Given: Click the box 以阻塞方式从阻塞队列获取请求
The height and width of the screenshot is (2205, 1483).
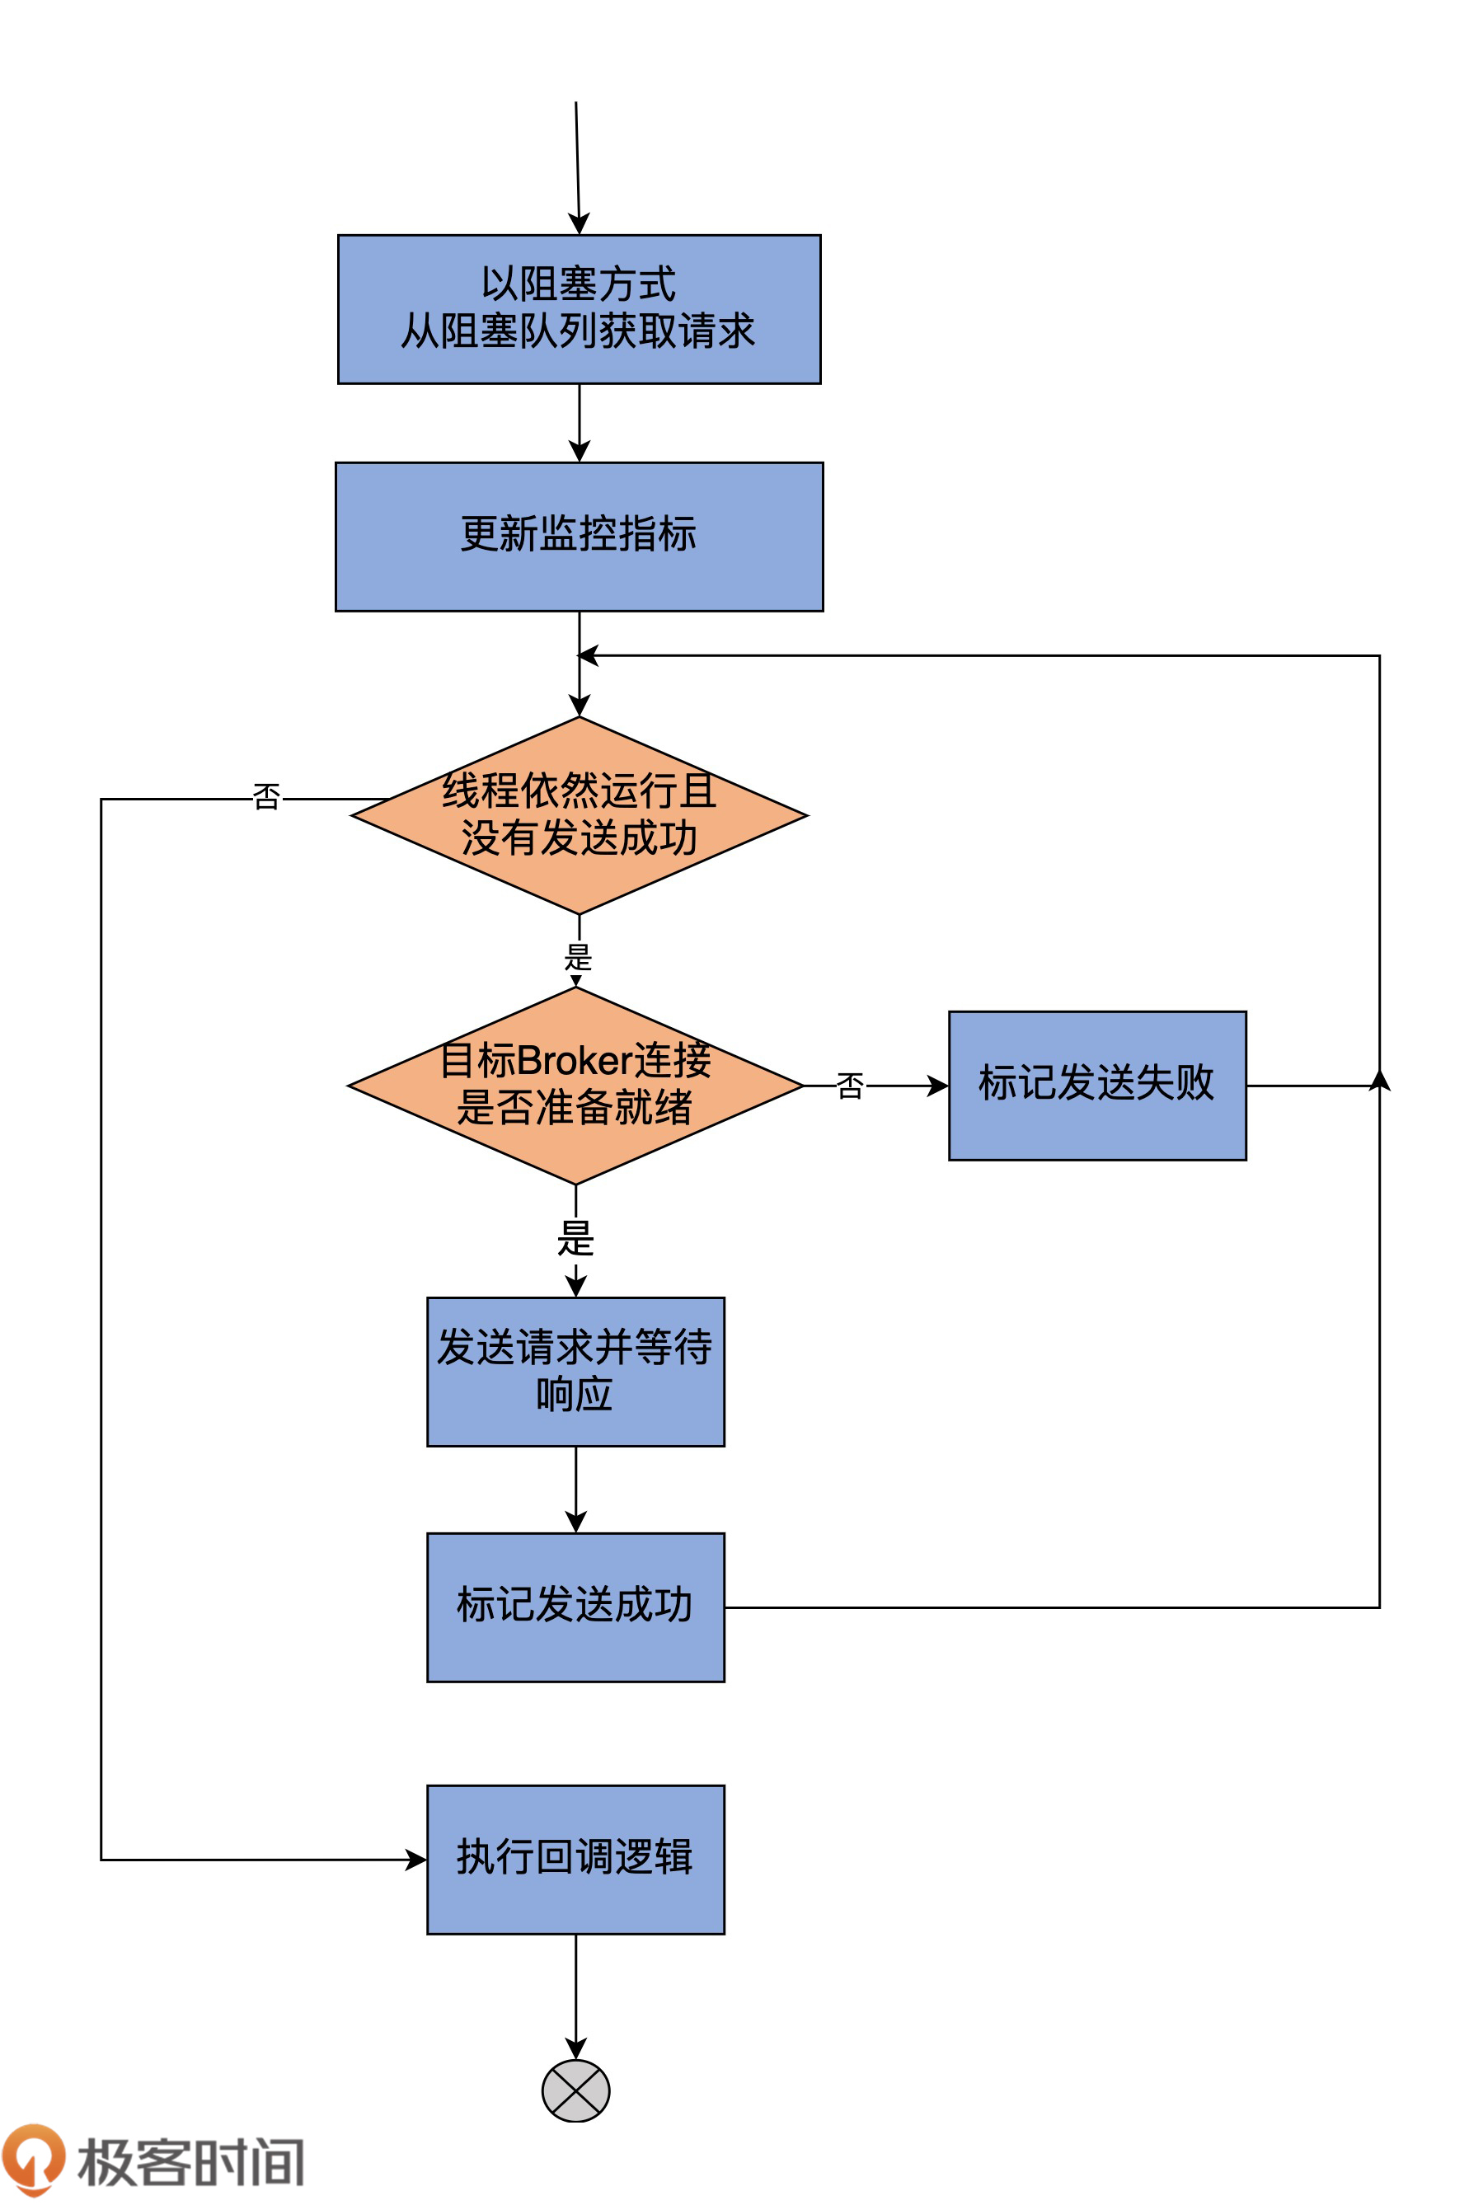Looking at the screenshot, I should click(x=579, y=309).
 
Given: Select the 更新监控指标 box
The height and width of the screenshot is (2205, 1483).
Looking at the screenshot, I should click(x=579, y=536).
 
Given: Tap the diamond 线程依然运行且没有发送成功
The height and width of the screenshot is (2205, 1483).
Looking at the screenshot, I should click(x=579, y=815).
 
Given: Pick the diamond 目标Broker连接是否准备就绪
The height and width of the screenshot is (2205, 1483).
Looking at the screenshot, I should click(x=575, y=1086).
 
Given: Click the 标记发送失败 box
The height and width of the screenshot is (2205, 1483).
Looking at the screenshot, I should click(x=1097, y=1086).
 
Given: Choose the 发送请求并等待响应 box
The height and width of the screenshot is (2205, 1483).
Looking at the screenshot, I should click(x=575, y=1371).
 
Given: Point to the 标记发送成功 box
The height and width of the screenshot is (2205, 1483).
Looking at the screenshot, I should click(x=575, y=1607).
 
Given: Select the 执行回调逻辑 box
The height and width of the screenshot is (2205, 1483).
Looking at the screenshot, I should click(x=575, y=1859).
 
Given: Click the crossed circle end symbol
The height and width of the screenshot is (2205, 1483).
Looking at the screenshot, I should click(x=575, y=2090).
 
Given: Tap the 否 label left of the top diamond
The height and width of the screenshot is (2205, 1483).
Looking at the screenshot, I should click(x=267, y=797).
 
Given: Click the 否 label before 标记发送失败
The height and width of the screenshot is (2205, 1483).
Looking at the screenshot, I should click(x=850, y=1086).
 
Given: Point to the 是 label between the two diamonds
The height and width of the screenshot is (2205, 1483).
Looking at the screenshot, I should click(x=578, y=957).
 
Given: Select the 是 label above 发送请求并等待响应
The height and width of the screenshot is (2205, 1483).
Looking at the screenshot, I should click(x=575, y=1239).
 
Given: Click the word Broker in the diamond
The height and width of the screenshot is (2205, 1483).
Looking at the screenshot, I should click(x=574, y=1060).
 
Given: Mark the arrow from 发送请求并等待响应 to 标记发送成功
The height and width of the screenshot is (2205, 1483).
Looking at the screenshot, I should click(x=575, y=1489).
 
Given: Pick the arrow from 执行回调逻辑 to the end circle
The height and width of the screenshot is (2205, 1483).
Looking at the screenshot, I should click(x=575, y=1995).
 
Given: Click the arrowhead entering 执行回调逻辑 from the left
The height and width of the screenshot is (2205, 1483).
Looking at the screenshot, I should click(x=416, y=1860).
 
